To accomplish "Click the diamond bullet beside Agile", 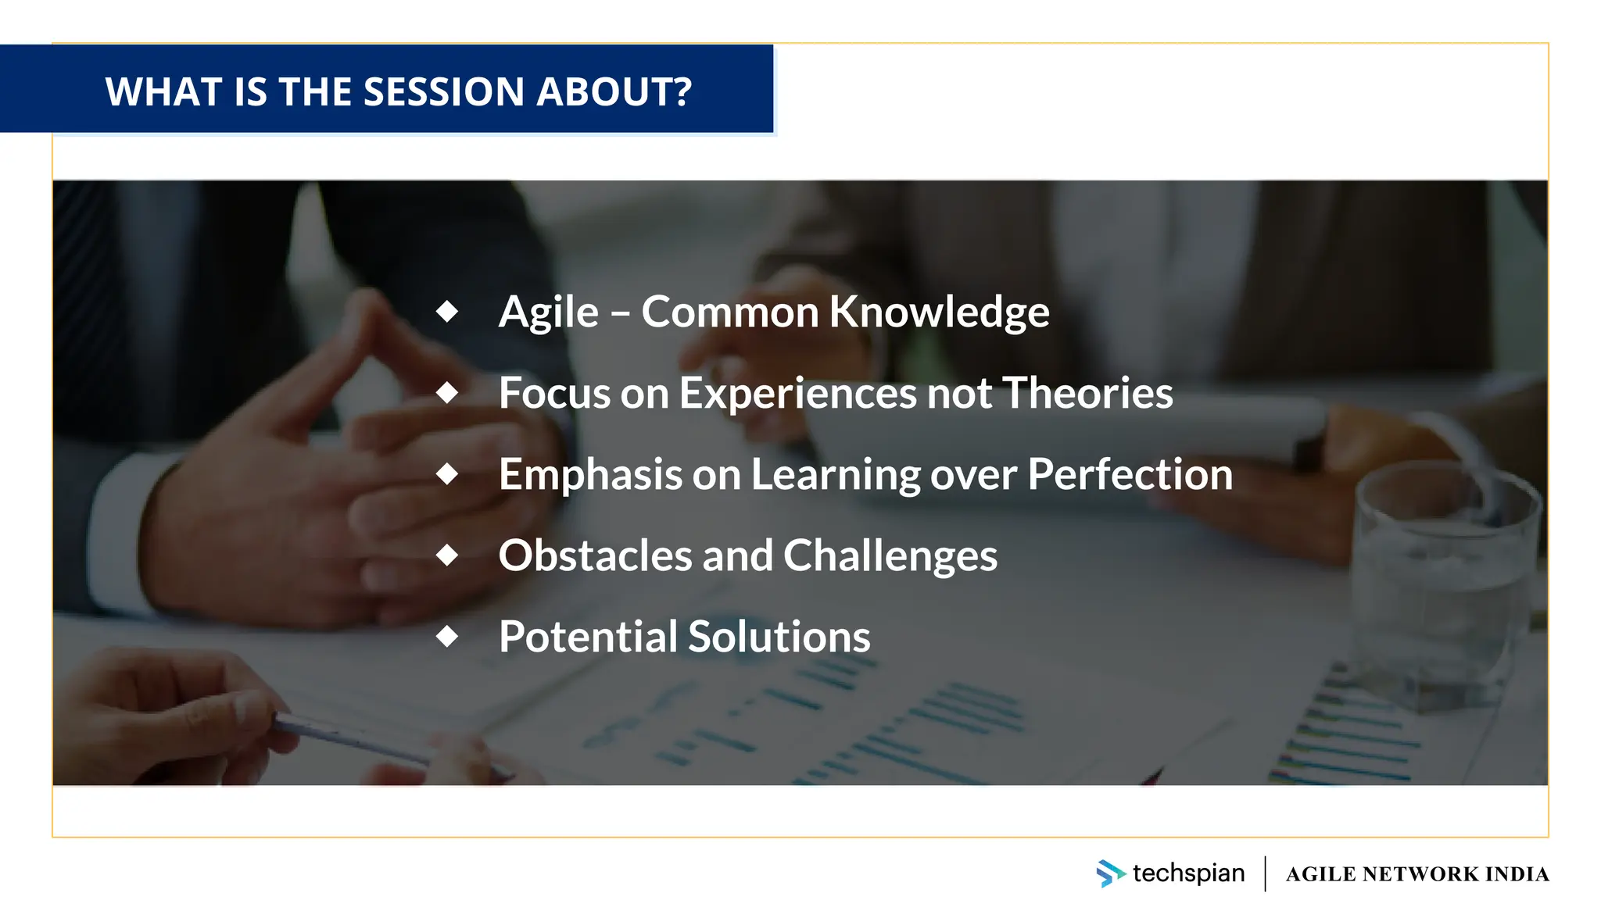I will point(447,311).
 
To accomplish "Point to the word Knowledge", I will point(939,312).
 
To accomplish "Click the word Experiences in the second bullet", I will point(797,393).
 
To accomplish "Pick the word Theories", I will point(1087,393).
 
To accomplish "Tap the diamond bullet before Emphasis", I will point(447,473).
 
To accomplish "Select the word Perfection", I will point(1130,474).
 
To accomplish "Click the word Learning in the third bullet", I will point(836,475).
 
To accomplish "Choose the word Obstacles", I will point(595,555).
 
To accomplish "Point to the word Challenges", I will point(890,556).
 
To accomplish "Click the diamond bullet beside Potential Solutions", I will point(447,636).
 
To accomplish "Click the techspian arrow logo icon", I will point(1109,873).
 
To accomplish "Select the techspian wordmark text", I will point(1188,873).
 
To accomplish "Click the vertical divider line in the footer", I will point(1265,873).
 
